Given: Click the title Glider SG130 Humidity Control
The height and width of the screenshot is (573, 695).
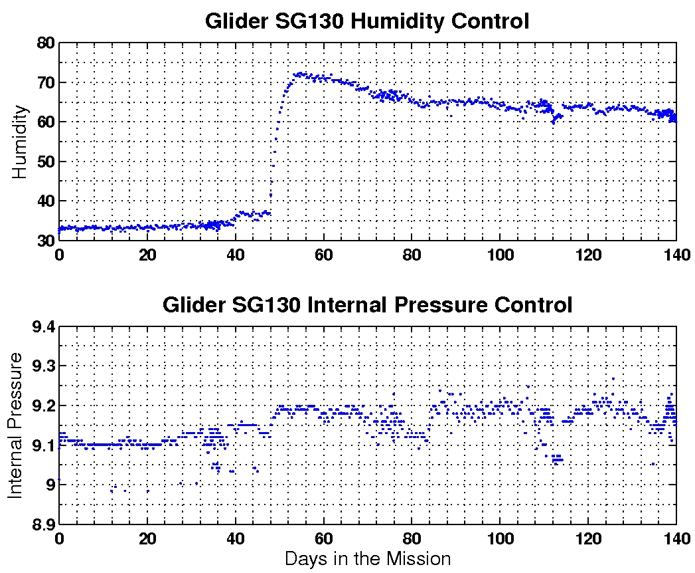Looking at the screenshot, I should [367, 21].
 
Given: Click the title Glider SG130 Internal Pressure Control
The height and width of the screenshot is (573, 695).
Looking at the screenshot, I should [367, 305].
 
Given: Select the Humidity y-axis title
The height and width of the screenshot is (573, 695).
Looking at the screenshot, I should [20, 142].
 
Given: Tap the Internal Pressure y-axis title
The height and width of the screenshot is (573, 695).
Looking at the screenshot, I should [15, 425].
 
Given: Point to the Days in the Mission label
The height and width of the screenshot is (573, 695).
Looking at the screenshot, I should [367, 558].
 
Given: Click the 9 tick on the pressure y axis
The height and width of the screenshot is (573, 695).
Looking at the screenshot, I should [49, 485].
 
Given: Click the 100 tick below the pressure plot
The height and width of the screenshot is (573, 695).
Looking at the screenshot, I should [500, 538].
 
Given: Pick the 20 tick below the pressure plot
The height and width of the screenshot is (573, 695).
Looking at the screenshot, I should [147, 538].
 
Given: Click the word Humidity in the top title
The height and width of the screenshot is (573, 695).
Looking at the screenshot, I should [397, 21].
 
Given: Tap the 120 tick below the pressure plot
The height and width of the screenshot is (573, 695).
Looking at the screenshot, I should [588, 538].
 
